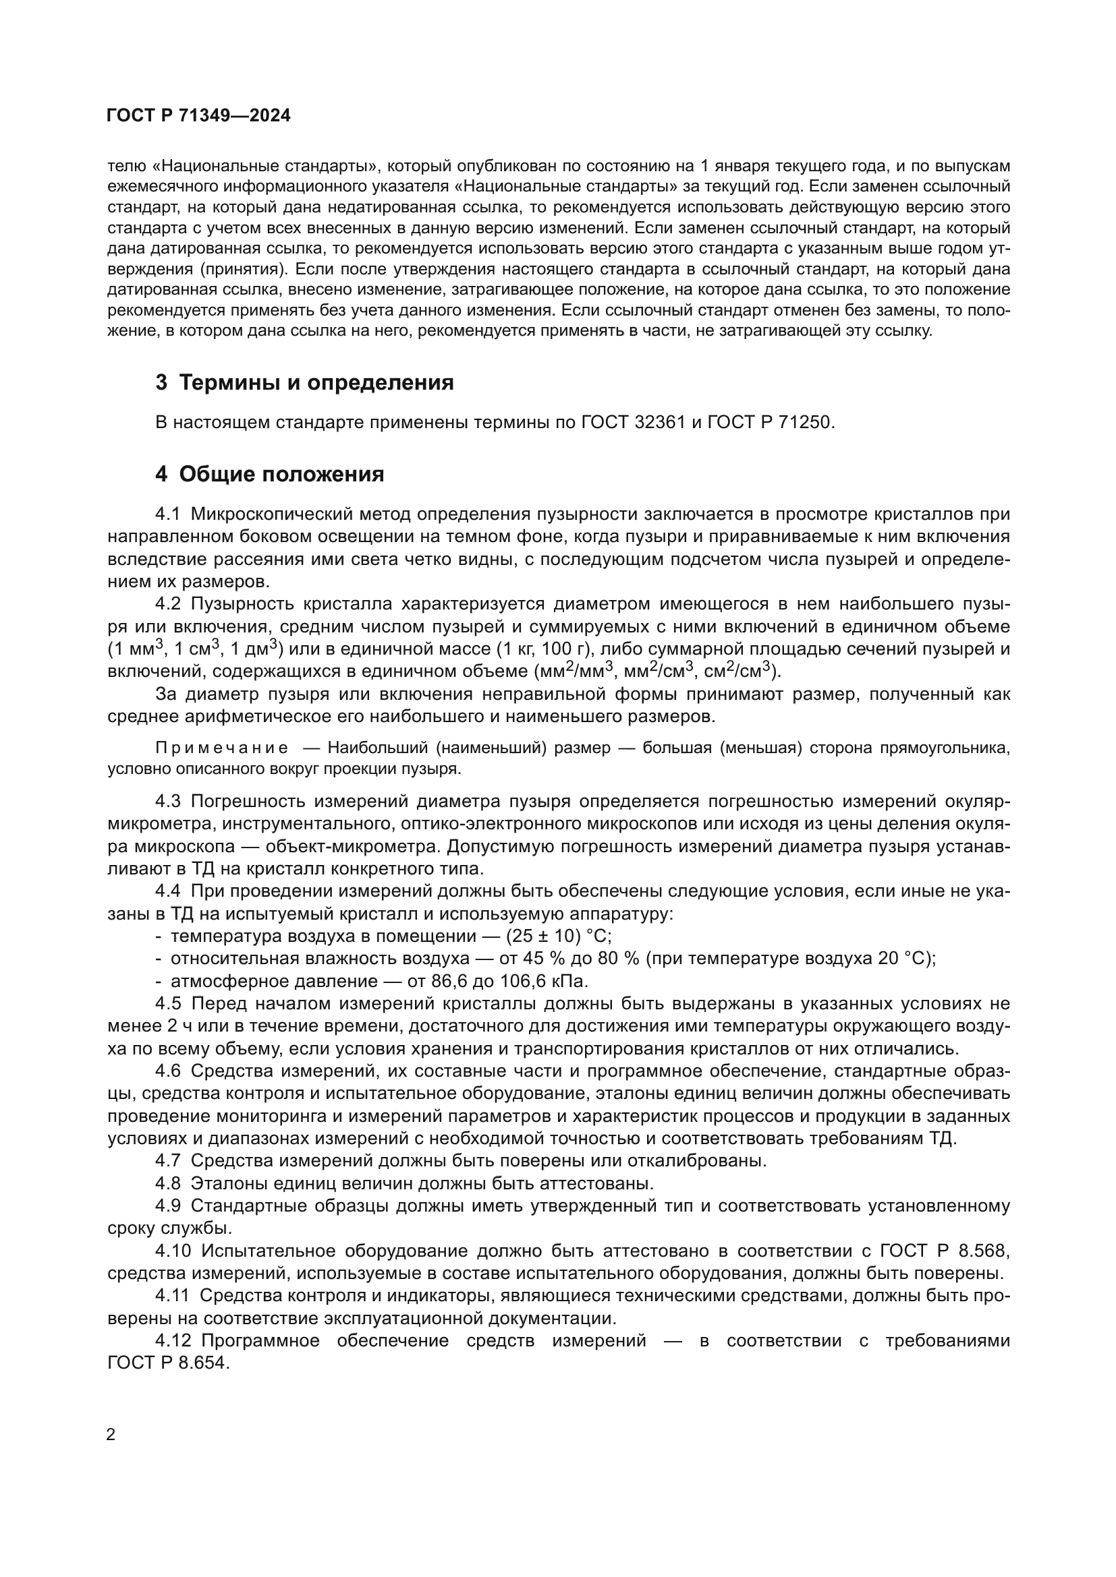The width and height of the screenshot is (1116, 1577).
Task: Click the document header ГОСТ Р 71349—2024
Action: click(x=198, y=116)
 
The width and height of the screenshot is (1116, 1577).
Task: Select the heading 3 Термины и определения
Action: click(x=304, y=382)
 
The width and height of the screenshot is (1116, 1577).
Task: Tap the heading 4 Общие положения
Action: click(x=269, y=474)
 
